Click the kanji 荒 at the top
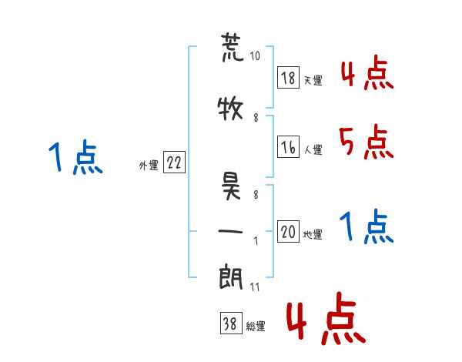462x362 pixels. [x=233, y=47]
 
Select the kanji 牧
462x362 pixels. [x=230, y=108]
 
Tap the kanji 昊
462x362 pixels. [x=231, y=186]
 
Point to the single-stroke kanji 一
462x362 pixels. [x=230, y=231]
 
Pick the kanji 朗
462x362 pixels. [x=231, y=277]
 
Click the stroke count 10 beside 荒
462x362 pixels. [x=255, y=55]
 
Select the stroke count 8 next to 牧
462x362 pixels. [x=256, y=118]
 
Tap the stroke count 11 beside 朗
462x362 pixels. [x=255, y=287]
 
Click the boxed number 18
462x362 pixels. [x=289, y=78]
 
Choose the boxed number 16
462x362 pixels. [x=289, y=147]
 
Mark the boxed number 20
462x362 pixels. [x=289, y=231]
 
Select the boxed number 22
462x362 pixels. [x=174, y=163]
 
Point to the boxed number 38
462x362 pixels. [x=231, y=323]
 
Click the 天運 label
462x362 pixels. [x=313, y=80]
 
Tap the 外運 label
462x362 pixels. [x=149, y=166]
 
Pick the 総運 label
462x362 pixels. [x=256, y=327]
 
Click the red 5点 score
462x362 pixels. [x=367, y=142]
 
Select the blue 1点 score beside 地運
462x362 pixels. [x=367, y=226]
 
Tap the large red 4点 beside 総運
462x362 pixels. [x=326, y=318]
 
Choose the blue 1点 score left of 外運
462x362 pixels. [x=75, y=157]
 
